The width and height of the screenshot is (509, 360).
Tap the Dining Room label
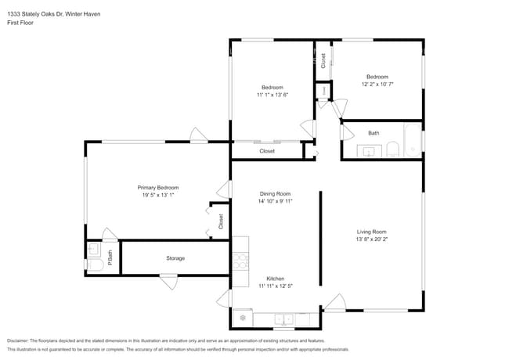click(x=275, y=193)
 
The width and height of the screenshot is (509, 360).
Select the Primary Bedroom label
click(x=158, y=188)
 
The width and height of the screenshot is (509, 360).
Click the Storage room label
click(x=175, y=258)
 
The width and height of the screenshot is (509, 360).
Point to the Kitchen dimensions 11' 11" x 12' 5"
click(x=275, y=286)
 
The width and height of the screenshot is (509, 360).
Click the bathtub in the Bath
click(x=412, y=142)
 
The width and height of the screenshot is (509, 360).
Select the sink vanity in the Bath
click(x=369, y=150)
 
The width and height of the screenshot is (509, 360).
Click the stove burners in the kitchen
click(x=240, y=259)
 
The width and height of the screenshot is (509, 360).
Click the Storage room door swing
click(x=168, y=282)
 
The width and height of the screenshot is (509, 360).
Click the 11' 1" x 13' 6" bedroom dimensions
click(x=273, y=95)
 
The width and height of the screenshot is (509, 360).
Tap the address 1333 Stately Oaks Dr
click(x=36, y=14)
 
